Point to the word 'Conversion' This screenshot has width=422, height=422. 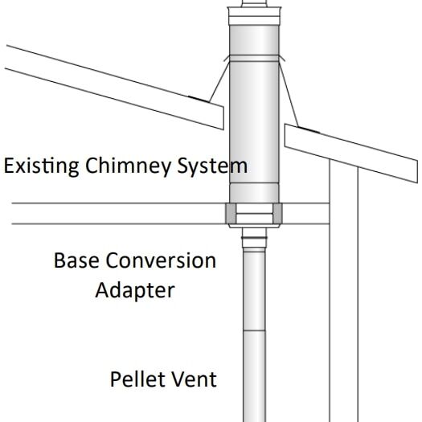(165, 261)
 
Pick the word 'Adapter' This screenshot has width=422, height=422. (135, 289)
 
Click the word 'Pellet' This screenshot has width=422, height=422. (137, 378)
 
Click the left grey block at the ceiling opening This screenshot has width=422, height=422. (231, 215)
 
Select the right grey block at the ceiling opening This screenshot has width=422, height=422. (279, 215)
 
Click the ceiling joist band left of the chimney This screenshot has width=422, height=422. (113, 214)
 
